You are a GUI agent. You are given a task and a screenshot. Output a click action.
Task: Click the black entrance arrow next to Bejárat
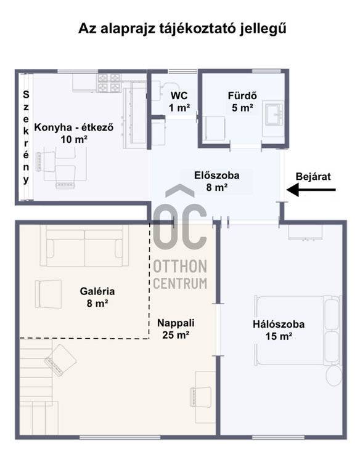[x=311, y=190]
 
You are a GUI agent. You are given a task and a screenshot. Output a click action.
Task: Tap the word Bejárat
[x=313, y=177]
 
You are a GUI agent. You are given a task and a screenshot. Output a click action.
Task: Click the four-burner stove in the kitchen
[x=108, y=83]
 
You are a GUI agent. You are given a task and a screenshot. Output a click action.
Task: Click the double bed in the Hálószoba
[x=298, y=330]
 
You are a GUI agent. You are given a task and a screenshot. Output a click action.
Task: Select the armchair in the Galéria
[x=48, y=294]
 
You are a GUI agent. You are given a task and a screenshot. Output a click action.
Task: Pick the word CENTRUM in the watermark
[x=180, y=283]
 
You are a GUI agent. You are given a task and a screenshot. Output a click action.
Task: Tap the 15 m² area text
[x=279, y=336]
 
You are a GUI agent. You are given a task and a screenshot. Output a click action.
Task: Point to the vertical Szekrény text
[x=26, y=137]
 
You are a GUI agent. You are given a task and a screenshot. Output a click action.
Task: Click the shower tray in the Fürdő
[x=214, y=128]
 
